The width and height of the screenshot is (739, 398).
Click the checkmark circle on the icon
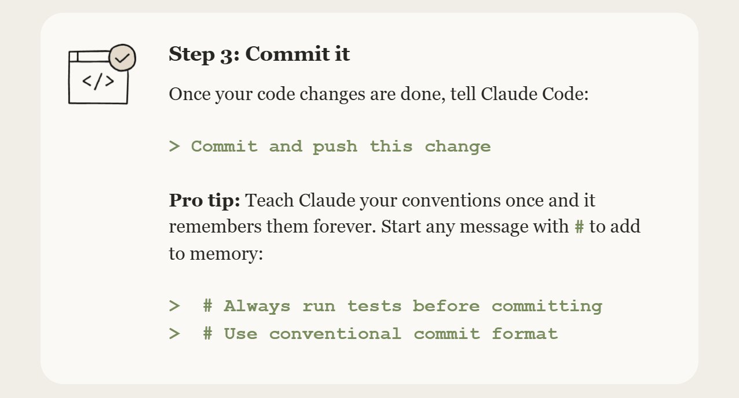click(122, 58)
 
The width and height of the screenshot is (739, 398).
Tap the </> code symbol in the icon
click(98, 82)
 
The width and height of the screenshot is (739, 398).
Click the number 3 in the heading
click(226, 55)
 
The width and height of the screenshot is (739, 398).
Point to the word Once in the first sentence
click(189, 94)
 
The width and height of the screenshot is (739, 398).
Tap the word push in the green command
click(335, 148)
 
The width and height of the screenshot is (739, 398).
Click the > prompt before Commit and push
click(174, 146)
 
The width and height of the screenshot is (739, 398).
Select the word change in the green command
click(458, 147)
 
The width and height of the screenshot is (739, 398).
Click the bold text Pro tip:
click(204, 200)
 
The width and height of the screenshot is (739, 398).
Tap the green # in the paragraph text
click(579, 227)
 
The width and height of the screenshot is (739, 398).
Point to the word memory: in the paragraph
click(226, 254)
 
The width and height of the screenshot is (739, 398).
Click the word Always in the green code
click(257, 307)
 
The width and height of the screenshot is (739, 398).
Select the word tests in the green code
click(375, 307)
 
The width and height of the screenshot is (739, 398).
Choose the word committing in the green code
click(547, 307)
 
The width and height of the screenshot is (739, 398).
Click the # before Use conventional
click(207, 333)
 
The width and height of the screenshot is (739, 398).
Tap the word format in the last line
click(525, 333)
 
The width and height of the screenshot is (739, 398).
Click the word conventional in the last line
click(335, 334)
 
